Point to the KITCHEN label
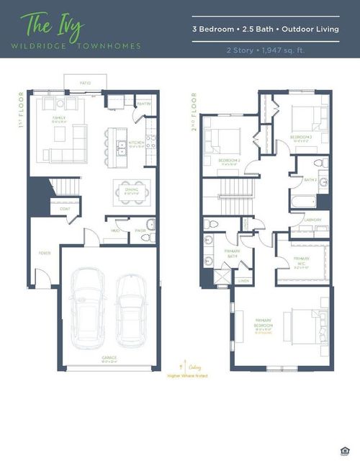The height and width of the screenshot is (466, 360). [x=137, y=143]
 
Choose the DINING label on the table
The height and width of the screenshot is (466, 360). [x=132, y=189]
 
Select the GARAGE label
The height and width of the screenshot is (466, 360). [x=109, y=358]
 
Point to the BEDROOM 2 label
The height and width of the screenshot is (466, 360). [x=228, y=160]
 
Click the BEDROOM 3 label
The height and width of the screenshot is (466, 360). [x=301, y=136]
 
